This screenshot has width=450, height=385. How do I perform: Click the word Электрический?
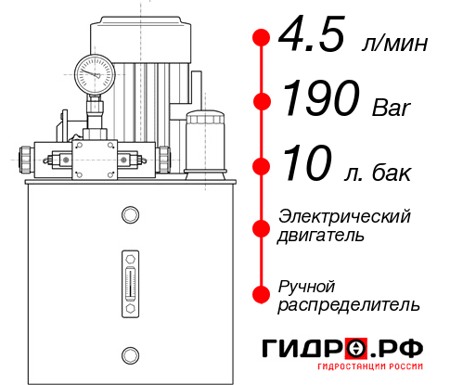[x=344, y=216]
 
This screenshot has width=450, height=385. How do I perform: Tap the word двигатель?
[x=321, y=236]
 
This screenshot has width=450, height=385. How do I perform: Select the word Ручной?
[x=306, y=284]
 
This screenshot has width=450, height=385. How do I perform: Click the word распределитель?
[x=348, y=304]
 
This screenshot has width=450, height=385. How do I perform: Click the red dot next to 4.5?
[x=261, y=37]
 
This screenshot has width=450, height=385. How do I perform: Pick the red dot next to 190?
[x=261, y=102]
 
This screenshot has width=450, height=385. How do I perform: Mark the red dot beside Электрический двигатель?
[x=261, y=227]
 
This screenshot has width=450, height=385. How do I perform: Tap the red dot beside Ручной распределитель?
[x=261, y=294]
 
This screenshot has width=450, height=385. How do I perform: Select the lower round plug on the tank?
[x=129, y=353]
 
